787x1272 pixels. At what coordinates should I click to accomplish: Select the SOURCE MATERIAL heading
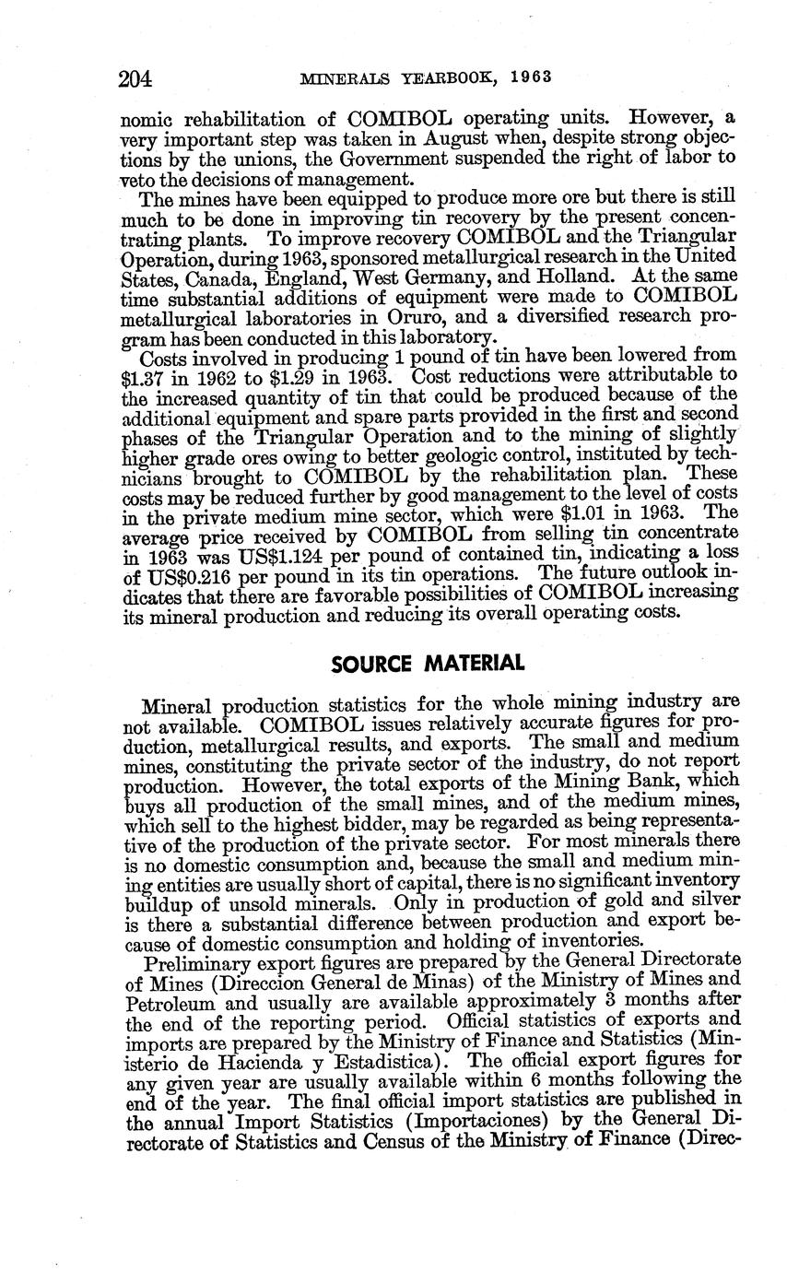pyautogui.click(x=428, y=664)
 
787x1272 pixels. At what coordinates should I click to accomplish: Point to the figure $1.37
pyautogui.click(x=144, y=379)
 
